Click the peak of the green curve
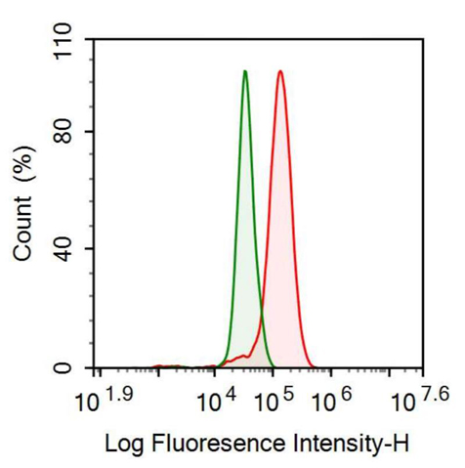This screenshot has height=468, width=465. (245, 71)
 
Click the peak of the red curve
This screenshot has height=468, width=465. (280, 71)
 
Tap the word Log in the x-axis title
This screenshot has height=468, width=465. (121, 445)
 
